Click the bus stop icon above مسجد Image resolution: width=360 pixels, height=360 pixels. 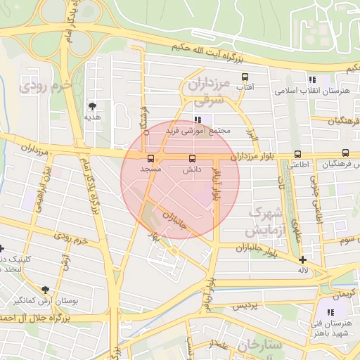[x=150, y=157]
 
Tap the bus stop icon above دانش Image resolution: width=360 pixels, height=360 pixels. [x=193, y=157]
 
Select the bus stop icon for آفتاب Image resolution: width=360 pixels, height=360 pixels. [x=245, y=77]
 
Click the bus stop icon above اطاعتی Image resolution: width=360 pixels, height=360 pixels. [x=297, y=154]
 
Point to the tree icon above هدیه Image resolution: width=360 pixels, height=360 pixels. [x=92, y=106]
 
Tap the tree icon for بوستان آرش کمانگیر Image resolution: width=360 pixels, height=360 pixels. [x=46, y=290]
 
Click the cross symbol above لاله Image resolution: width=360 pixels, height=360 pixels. [x=302, y=260]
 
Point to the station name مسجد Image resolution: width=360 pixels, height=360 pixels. [x=150, y=169]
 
